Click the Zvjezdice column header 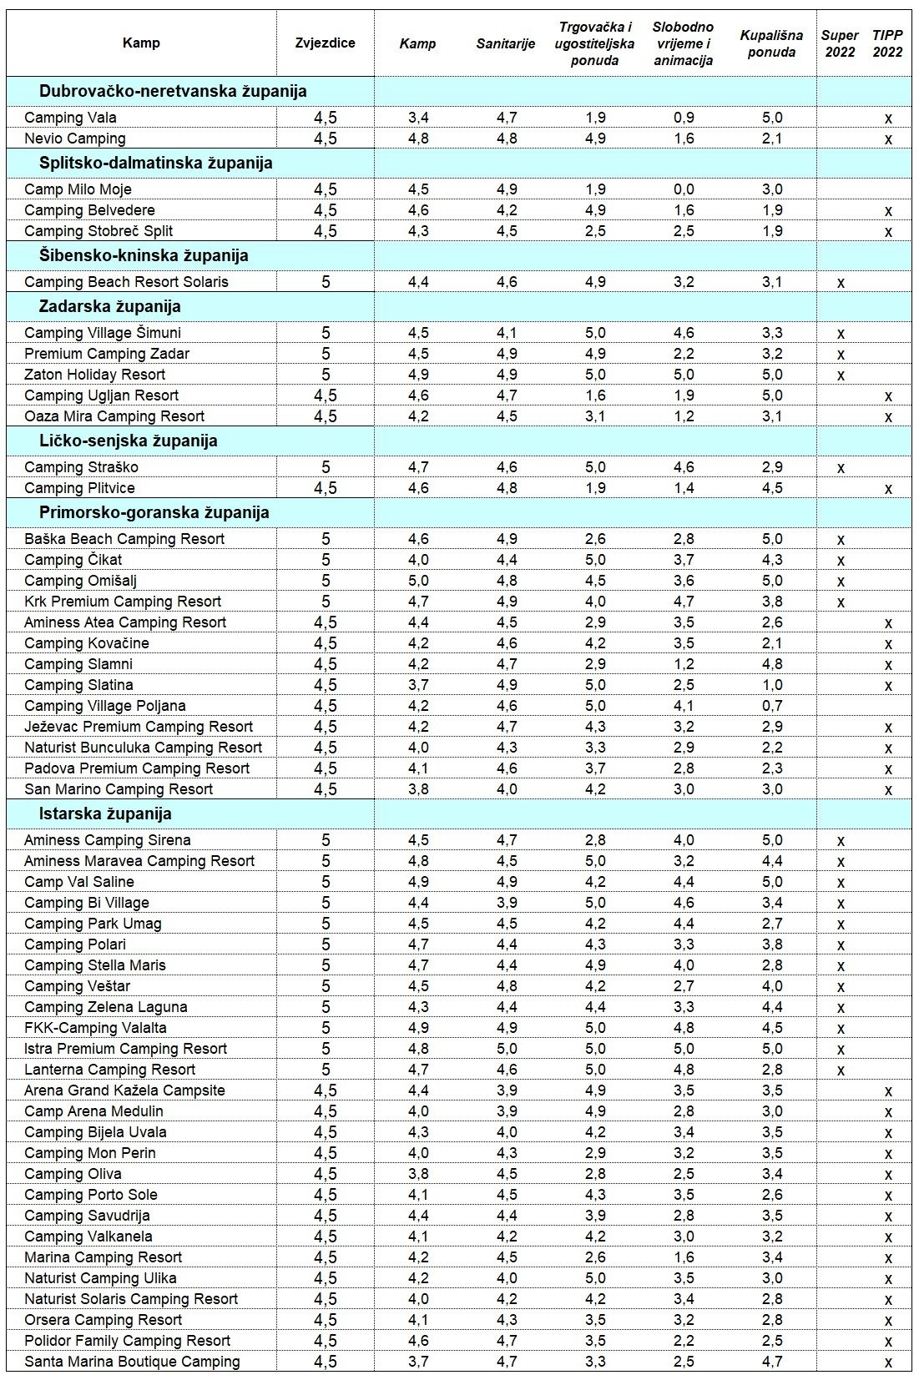pyautogui.click(x=325, y=43)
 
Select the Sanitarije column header pyautogui.click(x=505, y=43)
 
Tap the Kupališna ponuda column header pyautogui.click(x=771, y=43)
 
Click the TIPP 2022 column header pyautogui.click(x=887, y=43)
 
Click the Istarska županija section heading pyautogui.click(x=105, y=813)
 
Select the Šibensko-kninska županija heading pyautogui.click(x=144, y=255)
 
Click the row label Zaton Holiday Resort pyautogui.click(x=95, y=375)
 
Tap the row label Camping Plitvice pyautogui.click(x=79, y=488)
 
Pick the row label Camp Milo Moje pyautogui.click(x=78, y=189)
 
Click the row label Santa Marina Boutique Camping pyautogui.click(x=132, y=1362)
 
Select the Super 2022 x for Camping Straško pyautogui.click(x=841, y=468)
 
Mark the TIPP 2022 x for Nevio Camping pyautogui.click(x=888, y=139)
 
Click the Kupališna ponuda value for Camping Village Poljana pyautogui.click(x=772, y=706)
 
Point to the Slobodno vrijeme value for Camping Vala pyautogui.click(x=684, y=118)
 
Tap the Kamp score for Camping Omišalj pyautogui.click(x=418, y=581)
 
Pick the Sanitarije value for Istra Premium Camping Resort pyautogui.click(x=507, y=1049)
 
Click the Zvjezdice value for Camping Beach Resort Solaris pyautogui.click(x=326, y=282)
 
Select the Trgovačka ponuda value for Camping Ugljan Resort pyautogui.click(x=595, y=395)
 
